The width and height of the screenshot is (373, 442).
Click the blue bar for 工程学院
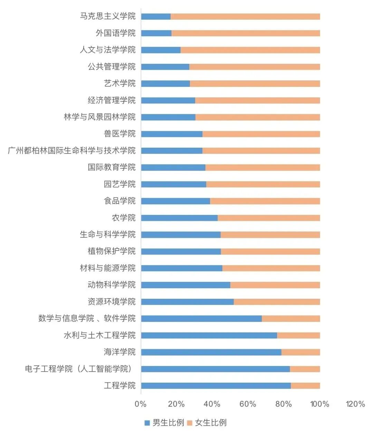click(x=216, y=386)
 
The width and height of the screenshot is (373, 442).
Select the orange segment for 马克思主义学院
click(x=245, y=17)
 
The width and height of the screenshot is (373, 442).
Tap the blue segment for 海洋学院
click(x=211, y=352)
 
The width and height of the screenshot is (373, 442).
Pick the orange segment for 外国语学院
click(x=246, y=33)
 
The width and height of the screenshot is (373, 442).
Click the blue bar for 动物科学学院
click(x=185, y=285)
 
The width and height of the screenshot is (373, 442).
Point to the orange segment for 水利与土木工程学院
click(x=298, y=335)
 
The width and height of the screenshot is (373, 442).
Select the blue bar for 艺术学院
click(x=165, y=84)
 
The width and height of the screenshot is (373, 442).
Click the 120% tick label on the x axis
click(x=355, y=404)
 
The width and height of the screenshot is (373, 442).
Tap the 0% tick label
click(x=141, y=404)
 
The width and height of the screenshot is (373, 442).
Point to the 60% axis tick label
click(x=248, y=404)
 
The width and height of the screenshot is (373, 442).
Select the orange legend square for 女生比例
click(x=189, y=423)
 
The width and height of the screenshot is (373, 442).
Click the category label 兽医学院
click(x=119, y=134)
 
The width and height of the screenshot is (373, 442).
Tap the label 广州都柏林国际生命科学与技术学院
click(x=72, y=151)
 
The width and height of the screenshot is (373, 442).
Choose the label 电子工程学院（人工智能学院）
click(x=79, y=369)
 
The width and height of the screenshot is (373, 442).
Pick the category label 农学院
click(x=124, y=218)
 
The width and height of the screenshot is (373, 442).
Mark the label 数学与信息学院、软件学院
click(x=87, y=318)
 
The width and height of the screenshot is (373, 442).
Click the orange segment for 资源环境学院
click(x=277, y=302)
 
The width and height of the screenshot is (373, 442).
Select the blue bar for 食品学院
click(x=175, y=201)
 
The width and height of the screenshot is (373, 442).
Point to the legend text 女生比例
click(x=211, y=423)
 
